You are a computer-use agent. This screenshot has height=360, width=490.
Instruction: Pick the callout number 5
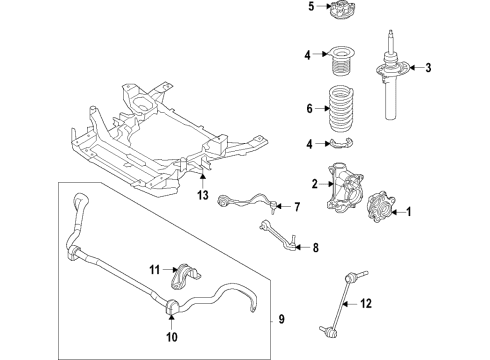click(310, 7)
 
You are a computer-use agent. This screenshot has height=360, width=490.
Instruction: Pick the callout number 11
click(155, 270)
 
